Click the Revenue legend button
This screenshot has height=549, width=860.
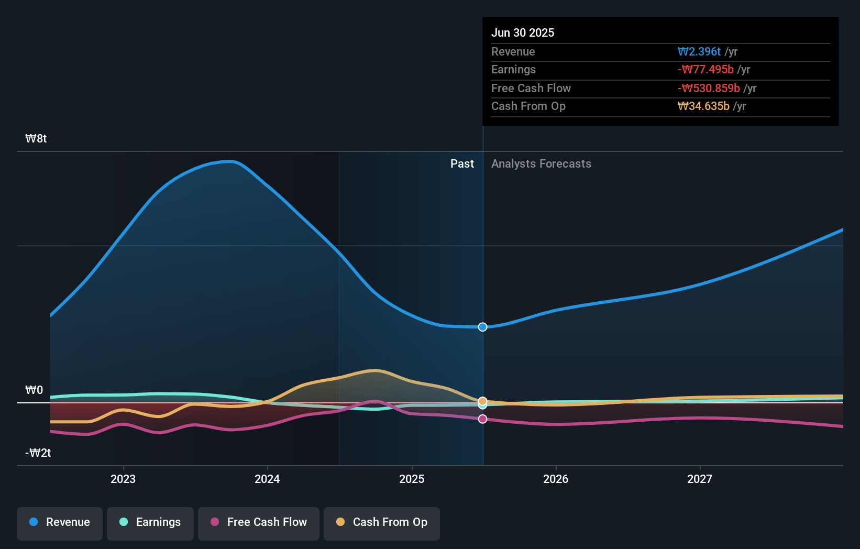point(60,523)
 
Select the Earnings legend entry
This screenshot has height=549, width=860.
point(150,523)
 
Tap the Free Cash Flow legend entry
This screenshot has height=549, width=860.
point(259,523)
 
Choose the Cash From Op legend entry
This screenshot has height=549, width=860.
point(382,523)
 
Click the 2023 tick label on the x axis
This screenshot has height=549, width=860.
point(123,479)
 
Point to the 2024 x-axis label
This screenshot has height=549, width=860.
point(267,479)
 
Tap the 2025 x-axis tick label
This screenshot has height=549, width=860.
point(412,479)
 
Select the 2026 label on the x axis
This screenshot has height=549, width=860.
point(556,479)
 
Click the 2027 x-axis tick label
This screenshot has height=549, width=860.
point(700,479)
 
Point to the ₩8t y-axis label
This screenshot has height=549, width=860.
point(36,139)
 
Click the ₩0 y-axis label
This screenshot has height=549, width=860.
point(34,390)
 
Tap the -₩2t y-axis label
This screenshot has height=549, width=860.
point(38,453)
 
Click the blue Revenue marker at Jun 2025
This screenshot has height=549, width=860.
point(483,327)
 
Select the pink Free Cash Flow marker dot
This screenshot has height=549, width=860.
point(483,419)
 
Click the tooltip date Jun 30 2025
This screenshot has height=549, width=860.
point(523,33)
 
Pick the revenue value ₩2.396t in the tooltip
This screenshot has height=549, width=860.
point(699,52)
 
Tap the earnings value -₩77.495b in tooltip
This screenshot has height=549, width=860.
point(705,70)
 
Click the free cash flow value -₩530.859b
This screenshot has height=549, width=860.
point(709,89)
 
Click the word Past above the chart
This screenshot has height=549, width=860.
point(462,164)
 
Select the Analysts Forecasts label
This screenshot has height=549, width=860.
point(541,164)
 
